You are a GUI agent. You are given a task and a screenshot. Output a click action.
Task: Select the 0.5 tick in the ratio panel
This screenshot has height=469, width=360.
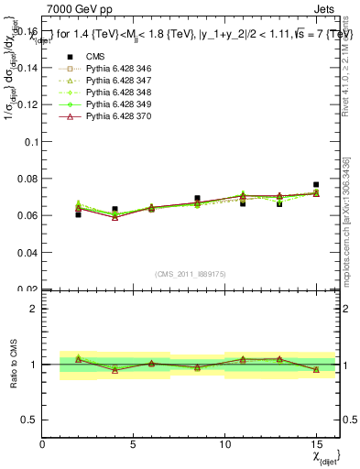30,420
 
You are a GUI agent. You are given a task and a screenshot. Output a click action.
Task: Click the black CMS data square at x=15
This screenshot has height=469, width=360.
316,185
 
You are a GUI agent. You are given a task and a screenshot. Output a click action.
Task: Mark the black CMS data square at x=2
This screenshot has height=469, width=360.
79,214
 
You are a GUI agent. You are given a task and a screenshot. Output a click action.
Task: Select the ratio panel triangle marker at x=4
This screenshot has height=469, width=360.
115,370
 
